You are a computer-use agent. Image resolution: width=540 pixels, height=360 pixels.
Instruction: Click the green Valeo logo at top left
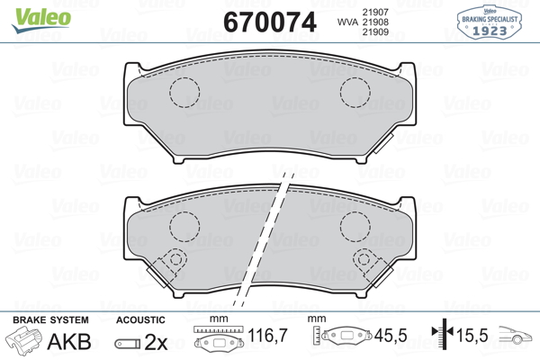(x=41, y=20)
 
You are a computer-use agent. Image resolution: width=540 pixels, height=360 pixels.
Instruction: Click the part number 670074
(x=270, y=22)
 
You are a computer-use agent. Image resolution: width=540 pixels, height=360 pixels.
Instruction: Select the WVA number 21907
(x=375, y=12)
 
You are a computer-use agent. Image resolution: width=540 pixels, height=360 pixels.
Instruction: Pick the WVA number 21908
(x=375, y=22)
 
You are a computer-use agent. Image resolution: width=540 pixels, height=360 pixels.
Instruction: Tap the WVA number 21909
(x=375, y=32)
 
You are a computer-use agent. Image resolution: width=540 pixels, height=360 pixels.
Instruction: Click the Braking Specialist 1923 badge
(x=490, y=22)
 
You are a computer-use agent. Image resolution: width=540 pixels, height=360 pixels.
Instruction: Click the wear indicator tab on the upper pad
(x=383, y=143)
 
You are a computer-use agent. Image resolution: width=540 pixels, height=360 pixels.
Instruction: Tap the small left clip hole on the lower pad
(x=176, y=259)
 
